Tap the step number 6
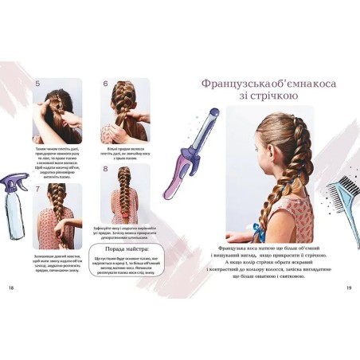tap(105, 83)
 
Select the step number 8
tap(105, 170)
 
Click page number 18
tap(10, 288)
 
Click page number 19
tap(349, 288)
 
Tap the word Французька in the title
tap(219, 82)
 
